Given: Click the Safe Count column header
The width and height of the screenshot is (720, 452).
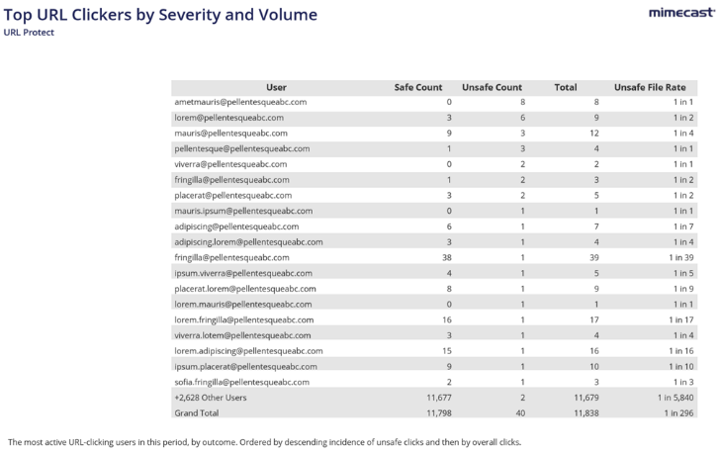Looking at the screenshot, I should click(x=417, y=87).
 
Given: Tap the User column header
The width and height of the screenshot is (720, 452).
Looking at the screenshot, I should click(x=277, y=87).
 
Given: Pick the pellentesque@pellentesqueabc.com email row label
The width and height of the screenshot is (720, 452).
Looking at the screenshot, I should click(x=242, y=148).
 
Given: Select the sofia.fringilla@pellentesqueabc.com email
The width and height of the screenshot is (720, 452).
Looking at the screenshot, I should click(x=248, y=381).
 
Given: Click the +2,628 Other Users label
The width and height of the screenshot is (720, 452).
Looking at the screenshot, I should click(x=213, y=397).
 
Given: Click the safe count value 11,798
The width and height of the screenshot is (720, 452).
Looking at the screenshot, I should click(x=435, y=412).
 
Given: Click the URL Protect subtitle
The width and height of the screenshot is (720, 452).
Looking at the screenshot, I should click(x=30, y=32).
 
